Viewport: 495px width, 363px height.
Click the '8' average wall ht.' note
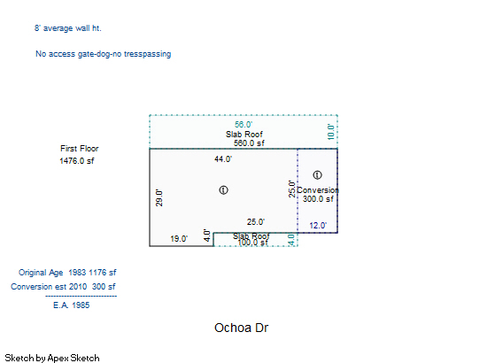click(68, 28)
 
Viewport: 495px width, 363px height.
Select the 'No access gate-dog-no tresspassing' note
click(104, 54)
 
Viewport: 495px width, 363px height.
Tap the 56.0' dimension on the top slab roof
click(244, 125)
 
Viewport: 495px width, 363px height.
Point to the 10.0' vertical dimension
click(330, 132)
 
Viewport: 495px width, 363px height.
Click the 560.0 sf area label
click(249, 143)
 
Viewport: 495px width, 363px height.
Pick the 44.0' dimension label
click(223, 159)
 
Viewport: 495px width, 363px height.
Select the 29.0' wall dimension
click(159, 198)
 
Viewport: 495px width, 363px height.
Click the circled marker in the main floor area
click(223, 190)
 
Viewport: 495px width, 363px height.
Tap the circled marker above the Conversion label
click(317, 175)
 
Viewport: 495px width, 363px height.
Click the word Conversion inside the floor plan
click(318, 190)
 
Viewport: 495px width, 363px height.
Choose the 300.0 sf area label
click(318, 199)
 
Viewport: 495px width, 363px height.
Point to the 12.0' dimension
click(318, 226)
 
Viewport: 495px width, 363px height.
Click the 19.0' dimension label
click(179, 239)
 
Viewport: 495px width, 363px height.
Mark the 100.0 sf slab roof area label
click(252, 243)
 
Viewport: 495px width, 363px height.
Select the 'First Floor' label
click(80, 149)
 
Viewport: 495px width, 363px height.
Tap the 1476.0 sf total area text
click(77, 161)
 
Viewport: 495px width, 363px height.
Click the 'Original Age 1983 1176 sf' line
click(67, 273)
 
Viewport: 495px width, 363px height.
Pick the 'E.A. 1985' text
click(72, 305)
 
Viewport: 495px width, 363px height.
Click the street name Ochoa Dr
click(242, 328)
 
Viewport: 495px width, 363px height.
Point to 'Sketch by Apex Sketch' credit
click(52, 358)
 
